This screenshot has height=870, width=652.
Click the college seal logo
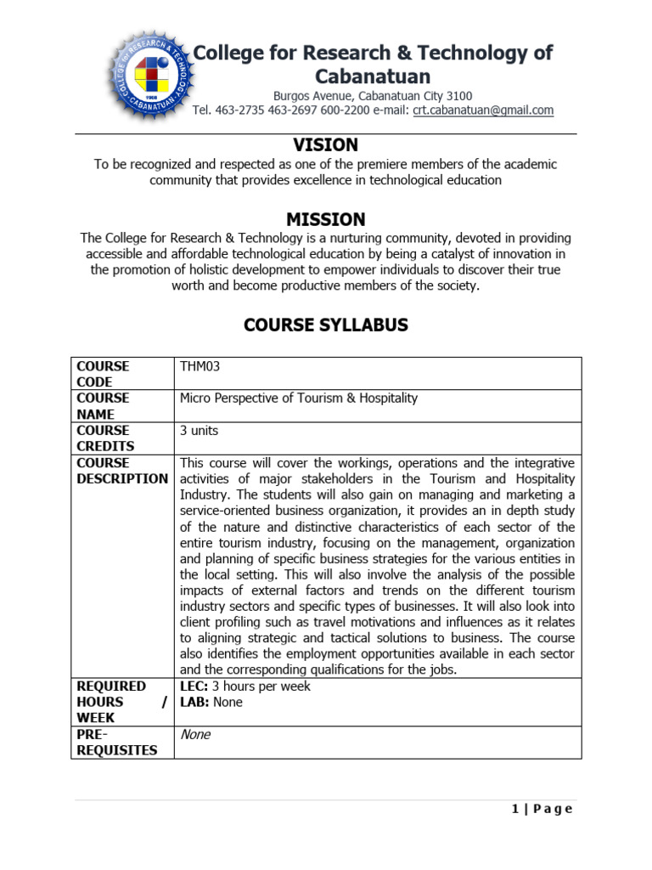click(148, 77)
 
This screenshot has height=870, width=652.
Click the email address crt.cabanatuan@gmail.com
click(483, 110)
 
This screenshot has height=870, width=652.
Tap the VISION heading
click(325, 145)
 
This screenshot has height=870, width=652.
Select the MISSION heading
click(325, 219)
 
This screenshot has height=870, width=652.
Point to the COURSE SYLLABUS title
click(325, 325)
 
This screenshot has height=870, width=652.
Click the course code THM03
click(200, 366)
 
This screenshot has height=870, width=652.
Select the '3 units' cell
click(199, 431)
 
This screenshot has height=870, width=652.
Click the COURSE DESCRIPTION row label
click(122, 471)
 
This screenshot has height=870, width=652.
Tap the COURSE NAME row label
click(103, 406)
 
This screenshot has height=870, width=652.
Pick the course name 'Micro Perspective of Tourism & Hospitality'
click(299, 398)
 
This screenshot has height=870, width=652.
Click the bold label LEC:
click(194, 686)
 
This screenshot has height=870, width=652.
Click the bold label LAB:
click(194, 703)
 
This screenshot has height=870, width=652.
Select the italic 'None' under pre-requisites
click(195, 735)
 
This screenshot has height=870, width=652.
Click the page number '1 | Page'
click(542, 809)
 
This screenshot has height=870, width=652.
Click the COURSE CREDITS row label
click(105, 438)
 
